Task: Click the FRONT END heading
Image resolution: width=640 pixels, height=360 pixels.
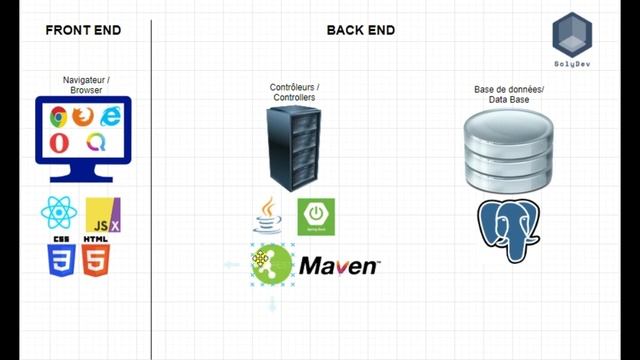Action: [x=83, y=30]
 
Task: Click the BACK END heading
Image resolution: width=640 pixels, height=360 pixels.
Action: [x=360, y=30]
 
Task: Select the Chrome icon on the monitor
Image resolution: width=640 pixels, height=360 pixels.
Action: [x=59, y=116]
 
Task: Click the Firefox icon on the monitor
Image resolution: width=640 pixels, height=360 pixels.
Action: [x=83, y=116]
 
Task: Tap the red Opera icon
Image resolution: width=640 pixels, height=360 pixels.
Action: [x=59, y=142]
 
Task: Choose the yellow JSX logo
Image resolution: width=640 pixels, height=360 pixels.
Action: [x=103, y=214]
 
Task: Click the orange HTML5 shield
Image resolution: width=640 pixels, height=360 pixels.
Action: [x=96, y=259]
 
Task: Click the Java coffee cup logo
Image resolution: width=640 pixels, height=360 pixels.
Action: [x=267, y=215]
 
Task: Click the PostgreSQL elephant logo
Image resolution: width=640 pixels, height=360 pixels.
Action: [x=510, y=229]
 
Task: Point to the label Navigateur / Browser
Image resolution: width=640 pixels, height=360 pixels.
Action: [x=86, y=84]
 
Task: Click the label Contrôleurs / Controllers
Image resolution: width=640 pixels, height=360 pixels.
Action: [x=295, y=93]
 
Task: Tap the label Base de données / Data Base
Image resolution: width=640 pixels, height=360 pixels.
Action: [x=509, y=94]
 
